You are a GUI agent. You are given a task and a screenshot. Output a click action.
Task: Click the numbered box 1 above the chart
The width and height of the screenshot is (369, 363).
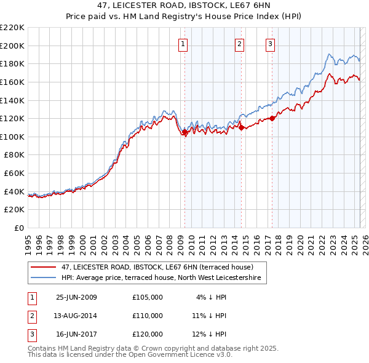point(184,43)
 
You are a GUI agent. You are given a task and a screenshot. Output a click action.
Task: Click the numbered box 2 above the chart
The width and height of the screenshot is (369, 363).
point(239,43)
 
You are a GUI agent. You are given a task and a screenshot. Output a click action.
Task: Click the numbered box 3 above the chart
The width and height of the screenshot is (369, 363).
point(270,43)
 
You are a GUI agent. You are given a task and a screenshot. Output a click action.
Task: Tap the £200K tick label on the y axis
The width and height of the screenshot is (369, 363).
point(13,46)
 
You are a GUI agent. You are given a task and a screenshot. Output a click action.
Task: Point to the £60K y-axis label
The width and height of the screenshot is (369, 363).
point(15,174)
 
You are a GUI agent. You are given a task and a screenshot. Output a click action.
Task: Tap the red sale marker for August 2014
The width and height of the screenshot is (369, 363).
point(241,127)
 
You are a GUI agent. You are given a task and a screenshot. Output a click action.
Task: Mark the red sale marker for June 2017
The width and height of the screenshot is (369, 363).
point(272,118)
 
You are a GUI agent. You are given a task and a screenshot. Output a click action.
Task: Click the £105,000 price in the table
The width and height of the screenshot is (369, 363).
point(148,297)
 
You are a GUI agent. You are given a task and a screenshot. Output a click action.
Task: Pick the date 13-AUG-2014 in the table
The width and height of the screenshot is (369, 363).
point(76,316)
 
